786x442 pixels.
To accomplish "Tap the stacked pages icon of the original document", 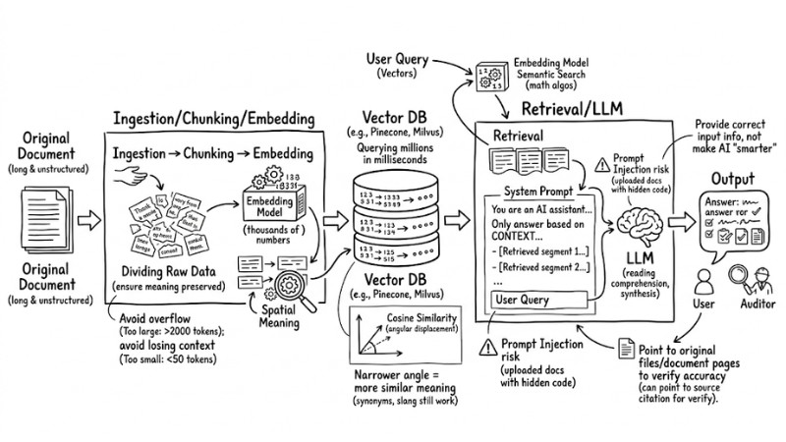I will (x=46, y=211).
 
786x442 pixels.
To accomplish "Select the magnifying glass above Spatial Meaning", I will (x=294, y=289).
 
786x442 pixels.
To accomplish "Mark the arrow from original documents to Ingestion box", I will (x=85, y=210).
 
